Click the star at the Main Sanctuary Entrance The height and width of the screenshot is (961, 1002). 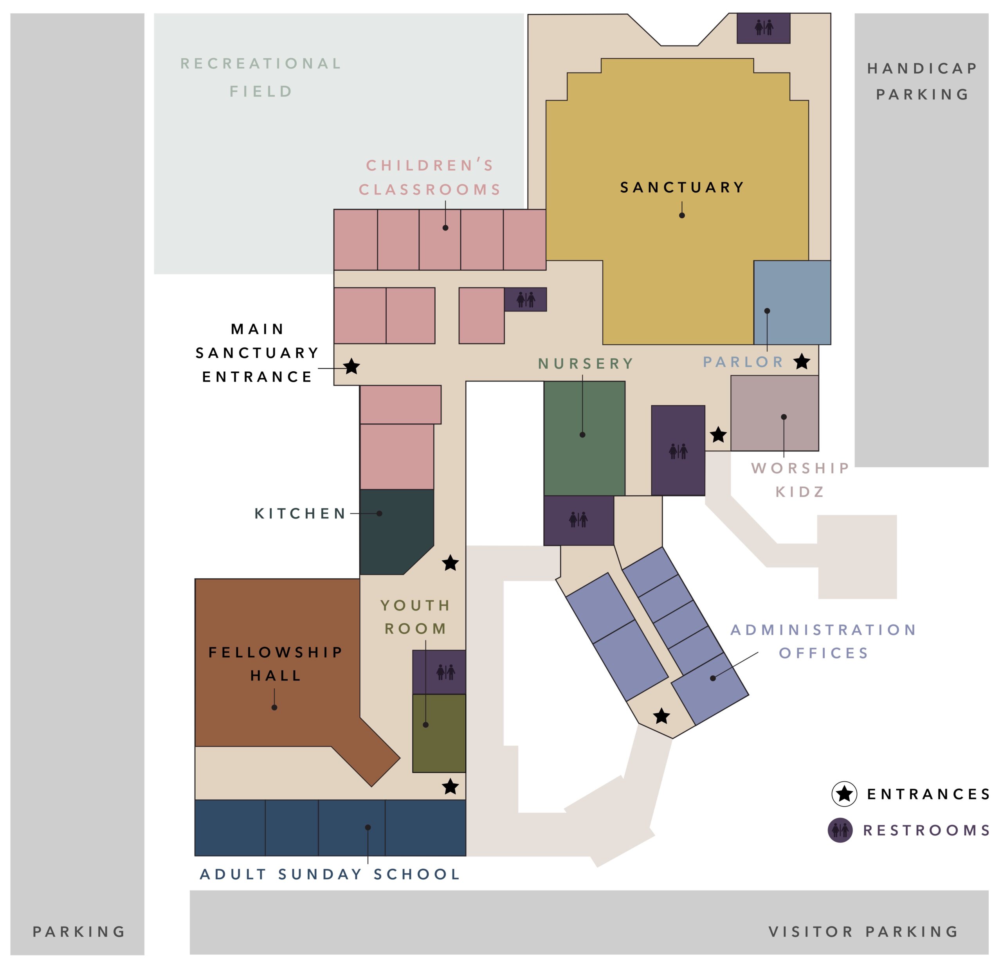click(351, 367)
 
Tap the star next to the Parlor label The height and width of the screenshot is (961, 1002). click(802, 362)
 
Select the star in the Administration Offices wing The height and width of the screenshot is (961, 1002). click(661, 716)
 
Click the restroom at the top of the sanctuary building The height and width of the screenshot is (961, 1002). click(763, 28)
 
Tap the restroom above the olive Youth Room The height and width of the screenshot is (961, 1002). click(439, 672)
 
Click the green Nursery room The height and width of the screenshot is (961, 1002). click(584, 438)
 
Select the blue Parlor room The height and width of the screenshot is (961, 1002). click(792, 302)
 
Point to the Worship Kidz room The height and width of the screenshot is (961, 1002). click(775, 413)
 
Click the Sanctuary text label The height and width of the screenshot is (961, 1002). click(682, 187)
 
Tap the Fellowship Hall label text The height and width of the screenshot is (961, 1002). click(276, 664)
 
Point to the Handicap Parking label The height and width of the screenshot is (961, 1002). click(922, 81)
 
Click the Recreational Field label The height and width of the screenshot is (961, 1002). click(261, 77)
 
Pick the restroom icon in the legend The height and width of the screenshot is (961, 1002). click(840, 830)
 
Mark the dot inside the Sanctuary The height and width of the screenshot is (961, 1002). click(682, 215)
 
